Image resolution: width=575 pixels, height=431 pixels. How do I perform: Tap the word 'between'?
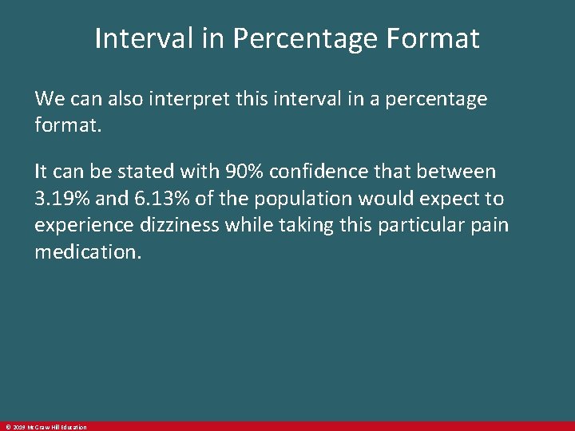pyautogui.click(x=456, y=172)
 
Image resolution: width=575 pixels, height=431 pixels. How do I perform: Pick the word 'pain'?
pyautogui.click(x=491, y=226)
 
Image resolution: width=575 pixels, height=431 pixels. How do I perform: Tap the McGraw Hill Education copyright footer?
pyautogui.click(x=45, y=427)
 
